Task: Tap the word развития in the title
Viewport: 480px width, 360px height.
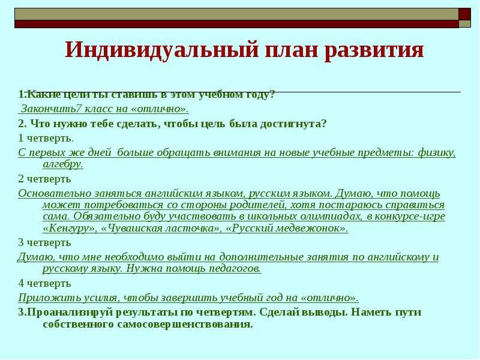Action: pos(374,50)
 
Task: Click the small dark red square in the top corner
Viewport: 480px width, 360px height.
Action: pos(464,14)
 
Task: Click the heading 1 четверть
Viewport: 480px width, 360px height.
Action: pos(46,139)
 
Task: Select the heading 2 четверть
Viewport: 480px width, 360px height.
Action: pos(44,179)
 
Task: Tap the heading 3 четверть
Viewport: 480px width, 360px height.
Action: pos(44,243)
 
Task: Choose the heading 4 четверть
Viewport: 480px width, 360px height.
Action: pos(44,283)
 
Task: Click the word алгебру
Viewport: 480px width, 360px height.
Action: pos(63,164)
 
